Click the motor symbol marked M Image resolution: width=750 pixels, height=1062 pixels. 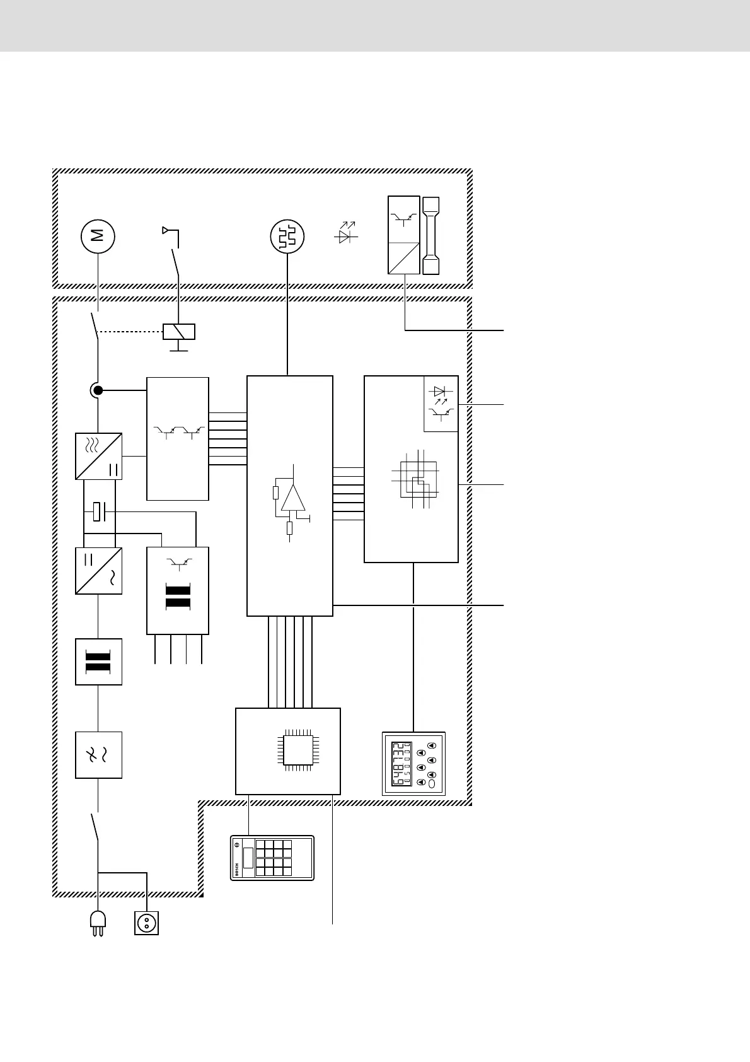click(98, 236)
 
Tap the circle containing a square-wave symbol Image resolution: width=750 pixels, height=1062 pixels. click(287, 237)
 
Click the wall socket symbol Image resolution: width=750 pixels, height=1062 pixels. click(147, 923)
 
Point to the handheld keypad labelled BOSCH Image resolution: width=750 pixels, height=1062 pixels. click(272, 857)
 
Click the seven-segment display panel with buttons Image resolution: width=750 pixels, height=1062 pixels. click(413, 763)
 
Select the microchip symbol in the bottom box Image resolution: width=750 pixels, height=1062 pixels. click(299, 750)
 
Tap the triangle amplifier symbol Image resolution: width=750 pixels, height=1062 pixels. click(293, 498)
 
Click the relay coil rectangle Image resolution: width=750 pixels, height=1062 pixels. click(179, 331)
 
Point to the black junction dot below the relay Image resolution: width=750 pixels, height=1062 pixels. click(98, 391)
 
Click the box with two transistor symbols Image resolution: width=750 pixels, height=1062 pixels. click(178, 438)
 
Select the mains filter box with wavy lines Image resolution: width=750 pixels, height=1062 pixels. click(98, 755)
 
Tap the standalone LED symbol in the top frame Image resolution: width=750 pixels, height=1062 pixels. click(345, 235)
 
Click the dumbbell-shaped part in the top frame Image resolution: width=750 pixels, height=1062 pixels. click(430, 236)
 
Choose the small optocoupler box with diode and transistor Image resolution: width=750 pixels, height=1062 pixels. click(441, 404)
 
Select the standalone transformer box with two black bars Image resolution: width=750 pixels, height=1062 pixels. click(98, 662)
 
